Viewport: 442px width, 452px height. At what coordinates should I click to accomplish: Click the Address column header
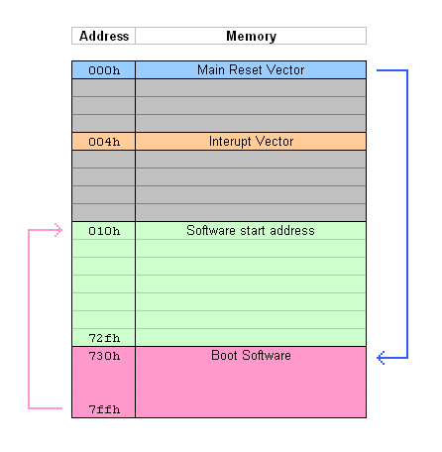pyautogui.click(x=104, y=36)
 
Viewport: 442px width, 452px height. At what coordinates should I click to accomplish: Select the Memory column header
pyautogui.click(x=251, y=36)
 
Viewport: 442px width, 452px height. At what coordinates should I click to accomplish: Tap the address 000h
pyautogui.click(x=104, y=70)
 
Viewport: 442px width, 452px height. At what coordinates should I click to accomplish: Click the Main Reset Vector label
pyautogui.click(x=251, y=69)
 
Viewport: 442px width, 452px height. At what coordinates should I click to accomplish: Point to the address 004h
pyautogui.click(x=104, y=142)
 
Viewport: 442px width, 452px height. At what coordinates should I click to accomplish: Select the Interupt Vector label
pyautogui.click(x=251, y=142)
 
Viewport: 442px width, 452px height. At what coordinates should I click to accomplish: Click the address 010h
pyautogui.click(x=104, y=231)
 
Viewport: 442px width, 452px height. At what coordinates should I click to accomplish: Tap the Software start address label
pyautogui.click(x=251, y=230)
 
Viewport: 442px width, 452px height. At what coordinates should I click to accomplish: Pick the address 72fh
pyautogui.click(x=104, y=338)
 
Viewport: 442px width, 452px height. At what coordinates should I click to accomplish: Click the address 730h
pyautogui.click(x=104, y=356)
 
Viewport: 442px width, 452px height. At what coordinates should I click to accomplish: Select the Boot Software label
pyautogui.click(x=251, y=355)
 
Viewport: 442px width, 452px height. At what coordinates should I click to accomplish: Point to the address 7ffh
pyautogui.click(x=104, y=409)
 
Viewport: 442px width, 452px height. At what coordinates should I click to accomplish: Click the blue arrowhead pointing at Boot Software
pyautogui.click(x=381, y=358)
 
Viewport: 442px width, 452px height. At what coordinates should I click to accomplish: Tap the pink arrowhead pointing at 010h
pyautogui.click(x=58, y=230)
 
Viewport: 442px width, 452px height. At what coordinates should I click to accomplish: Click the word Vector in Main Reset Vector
pyautogui.click(x=285, y=69)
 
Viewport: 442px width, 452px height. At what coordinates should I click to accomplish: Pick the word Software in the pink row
pyautogui.click(x=267, y=355)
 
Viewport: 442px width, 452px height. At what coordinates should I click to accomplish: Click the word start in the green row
pyautogui.click(x=253, y=230)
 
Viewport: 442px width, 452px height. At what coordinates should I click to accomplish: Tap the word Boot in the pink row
pyautogui.click(x=224, y=355)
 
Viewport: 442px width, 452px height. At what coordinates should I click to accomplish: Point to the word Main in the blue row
pyautogui.click(x=211, y=69)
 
